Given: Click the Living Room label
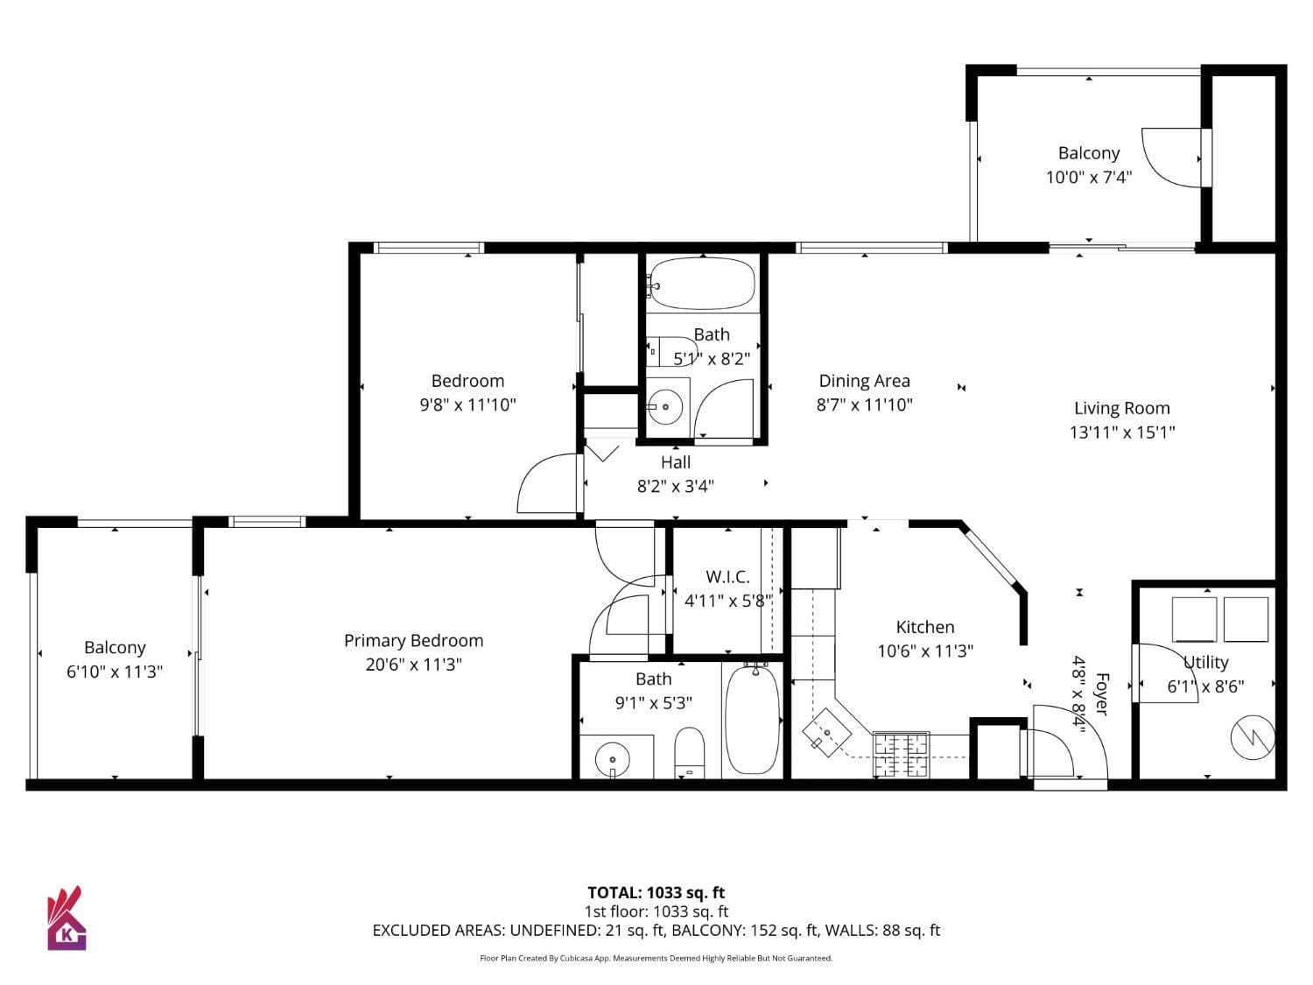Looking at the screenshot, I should click(x=1121, y=408).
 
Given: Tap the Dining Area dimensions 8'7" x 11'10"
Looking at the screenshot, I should click(x=864, y=405).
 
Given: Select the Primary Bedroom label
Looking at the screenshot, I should click(x=413, y=641).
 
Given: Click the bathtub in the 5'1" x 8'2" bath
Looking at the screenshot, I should click(x=702, y=283).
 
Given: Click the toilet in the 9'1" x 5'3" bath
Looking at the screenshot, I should click(x=690, y=751).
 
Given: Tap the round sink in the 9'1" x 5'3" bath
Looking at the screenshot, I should click(x=613, y=759).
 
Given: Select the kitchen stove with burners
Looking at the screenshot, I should click(x=901, y=753).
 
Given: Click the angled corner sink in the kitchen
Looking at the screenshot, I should click(x=825, y=730).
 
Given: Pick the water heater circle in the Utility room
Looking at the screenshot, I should click(x=1253, y=737).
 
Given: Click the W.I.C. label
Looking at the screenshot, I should click(x=727, y=577).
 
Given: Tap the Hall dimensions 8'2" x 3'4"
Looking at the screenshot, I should click(x=675, y=486).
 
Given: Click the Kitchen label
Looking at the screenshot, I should click(x=925, y=627).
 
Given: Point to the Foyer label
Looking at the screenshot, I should click(x=1102, y=693).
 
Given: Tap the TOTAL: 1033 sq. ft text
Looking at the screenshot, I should click(x=656, y=893).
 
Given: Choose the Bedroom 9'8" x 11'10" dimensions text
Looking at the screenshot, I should click(x=467, y=405).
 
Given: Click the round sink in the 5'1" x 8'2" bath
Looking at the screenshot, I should click(x=666, y=406).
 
